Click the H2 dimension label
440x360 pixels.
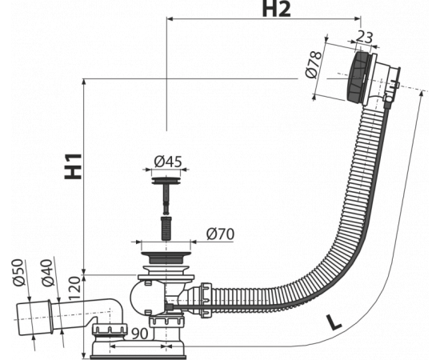[x=276, y=9]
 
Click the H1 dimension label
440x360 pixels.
[x=74, y=166]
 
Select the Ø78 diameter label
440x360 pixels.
[x=314, y=64]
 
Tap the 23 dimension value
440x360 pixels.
[x=365, y=38]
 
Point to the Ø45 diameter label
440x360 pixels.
[x=168, y=162]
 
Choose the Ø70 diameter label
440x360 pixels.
[x=220, y=234]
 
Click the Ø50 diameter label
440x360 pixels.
[x=18, y=272]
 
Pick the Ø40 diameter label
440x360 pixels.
[x=48, y=273]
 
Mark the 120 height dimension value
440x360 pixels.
[x=74, y=289]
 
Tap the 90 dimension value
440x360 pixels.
[x=140, y=334]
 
